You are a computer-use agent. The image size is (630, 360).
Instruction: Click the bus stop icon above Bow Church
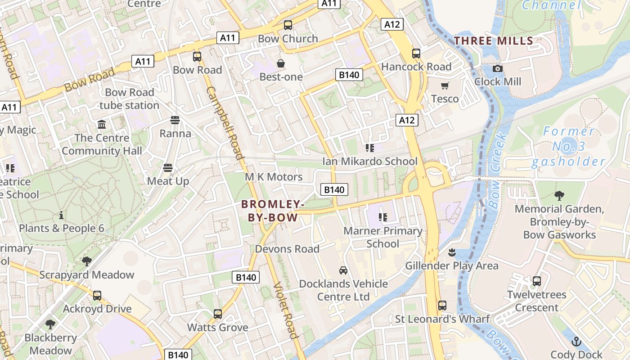point(288,25)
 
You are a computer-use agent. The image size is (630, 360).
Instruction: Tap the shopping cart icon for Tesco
point(445,85)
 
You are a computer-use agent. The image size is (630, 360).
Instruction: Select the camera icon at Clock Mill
point(497,68)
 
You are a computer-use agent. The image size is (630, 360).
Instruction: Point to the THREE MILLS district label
point(494,41)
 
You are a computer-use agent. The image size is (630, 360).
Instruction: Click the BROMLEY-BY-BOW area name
point(273,211)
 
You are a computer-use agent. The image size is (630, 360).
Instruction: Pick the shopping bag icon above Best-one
point(281,63)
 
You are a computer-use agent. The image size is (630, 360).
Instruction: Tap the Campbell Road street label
point(225,123)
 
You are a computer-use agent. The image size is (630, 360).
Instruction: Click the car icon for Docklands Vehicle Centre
point(343,270)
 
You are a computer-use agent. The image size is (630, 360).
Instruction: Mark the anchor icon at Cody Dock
point(576,341)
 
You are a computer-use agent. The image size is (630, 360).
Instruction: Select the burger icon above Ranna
point(175,120)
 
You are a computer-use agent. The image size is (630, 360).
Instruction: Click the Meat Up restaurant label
point(168,181)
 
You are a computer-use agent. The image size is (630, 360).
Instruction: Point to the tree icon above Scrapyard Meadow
point(86,261)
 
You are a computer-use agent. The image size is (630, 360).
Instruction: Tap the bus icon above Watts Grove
point(218,314)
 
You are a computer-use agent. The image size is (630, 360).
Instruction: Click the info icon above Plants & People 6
point(61,215)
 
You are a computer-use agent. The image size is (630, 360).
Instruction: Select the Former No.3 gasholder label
point(569,147)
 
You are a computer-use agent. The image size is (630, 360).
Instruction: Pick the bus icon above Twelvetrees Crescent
point(536,281)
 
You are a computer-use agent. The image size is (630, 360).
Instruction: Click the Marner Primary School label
point(383,237)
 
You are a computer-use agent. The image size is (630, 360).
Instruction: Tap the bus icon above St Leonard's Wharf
point(442,306)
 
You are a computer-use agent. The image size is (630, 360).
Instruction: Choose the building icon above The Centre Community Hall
point(102,124)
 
